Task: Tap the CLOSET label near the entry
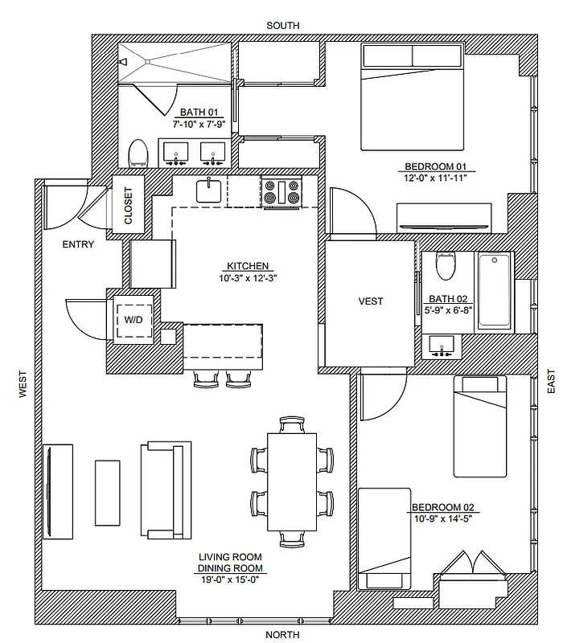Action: tap(129, 206)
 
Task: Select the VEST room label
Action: tap(371, 301)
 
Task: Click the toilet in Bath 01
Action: tap(138, 152)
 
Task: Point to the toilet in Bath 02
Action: tap(444, 264)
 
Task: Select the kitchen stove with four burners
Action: tap(281, 193)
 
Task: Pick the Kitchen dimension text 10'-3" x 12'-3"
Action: tap(247, 278)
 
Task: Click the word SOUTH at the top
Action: tap(282, 26)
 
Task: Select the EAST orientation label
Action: tap(551, 381)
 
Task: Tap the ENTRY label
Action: tap(77, 245)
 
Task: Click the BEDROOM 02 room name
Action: tap(443, 507)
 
